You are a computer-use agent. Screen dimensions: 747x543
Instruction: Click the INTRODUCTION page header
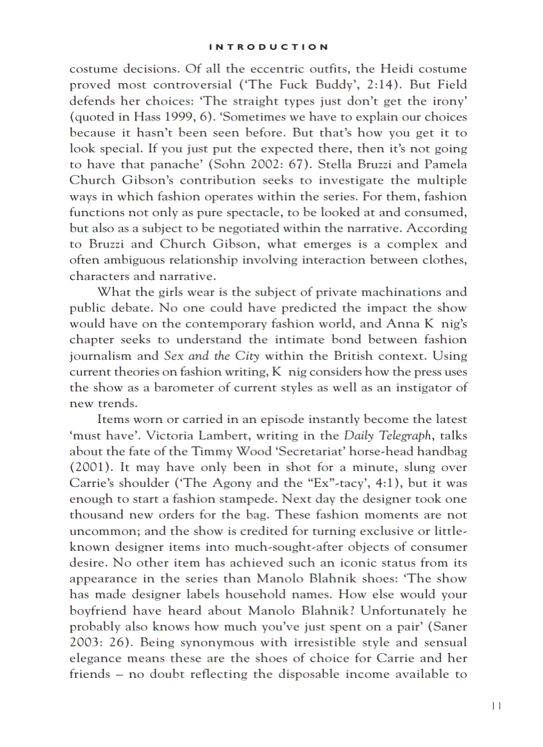tap(268, 47)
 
